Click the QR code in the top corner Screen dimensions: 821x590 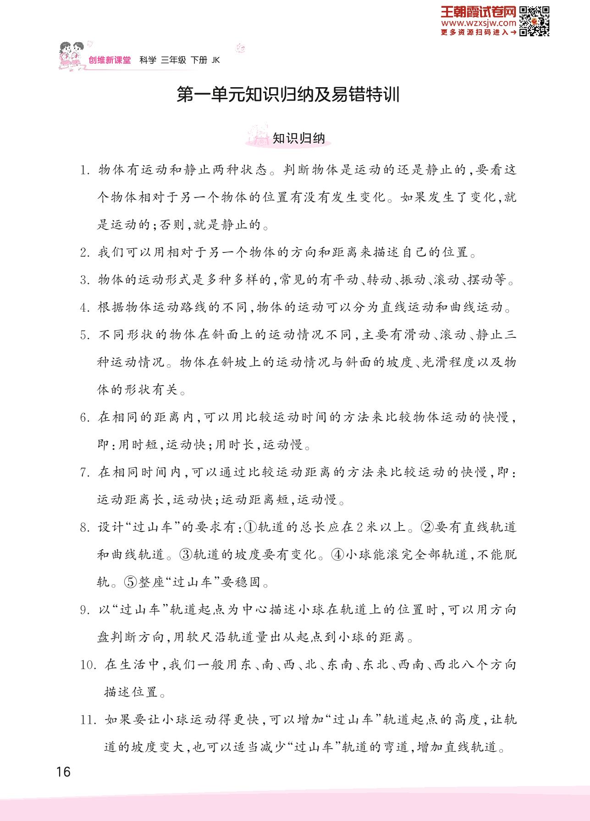click(535, 21)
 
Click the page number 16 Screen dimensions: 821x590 click(63, 771)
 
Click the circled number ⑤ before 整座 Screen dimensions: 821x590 click(131, 582)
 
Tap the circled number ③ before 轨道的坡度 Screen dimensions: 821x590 click(186, 555)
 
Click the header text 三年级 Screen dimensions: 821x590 click(173, 60)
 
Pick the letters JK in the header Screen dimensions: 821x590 click(216, 60)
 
